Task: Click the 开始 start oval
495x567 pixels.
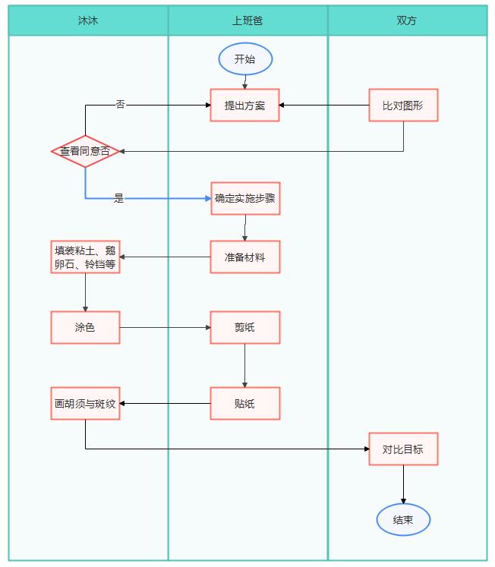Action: (245, 59)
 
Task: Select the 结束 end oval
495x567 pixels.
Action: (403, 520)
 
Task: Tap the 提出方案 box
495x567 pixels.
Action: (244, 106)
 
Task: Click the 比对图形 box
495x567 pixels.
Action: (403, 106)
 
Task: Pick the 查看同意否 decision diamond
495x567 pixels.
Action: (85, 151)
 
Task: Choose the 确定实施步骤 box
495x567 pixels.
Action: (245, 199)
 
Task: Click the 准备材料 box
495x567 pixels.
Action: (244, 257)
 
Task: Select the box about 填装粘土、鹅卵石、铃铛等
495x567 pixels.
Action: (85, 257)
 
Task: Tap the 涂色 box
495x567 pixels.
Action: (85, 328)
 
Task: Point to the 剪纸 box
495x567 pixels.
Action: (244, 328)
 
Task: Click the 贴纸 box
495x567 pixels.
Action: (244, 404)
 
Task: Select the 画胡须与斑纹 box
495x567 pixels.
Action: (85, 404)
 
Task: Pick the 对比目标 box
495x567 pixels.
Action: (403, 449)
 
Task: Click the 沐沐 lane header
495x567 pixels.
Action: (88, 20)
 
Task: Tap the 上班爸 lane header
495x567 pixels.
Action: (247, 20)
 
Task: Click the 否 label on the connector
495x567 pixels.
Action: (121, 105)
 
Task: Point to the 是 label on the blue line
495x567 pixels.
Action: (119, 198)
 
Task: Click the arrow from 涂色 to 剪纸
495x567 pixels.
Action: (166, 328)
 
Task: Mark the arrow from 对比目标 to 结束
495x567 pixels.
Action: (403, 484)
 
